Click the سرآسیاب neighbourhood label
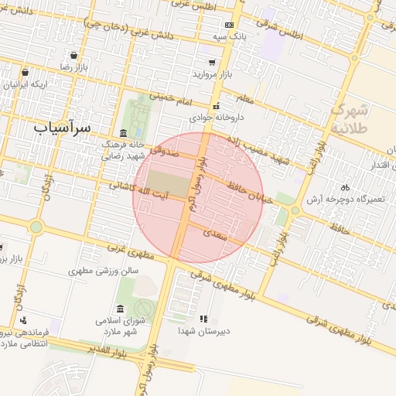click(62, 125)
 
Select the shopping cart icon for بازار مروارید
click(211, 62)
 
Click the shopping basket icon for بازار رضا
click(73, 56)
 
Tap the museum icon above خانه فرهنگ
click(124, 133)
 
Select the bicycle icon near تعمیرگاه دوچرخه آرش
click(345, 187)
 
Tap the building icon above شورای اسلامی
click(120, 309)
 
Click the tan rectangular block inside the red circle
click(167, 183)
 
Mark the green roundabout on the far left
click(36, 227)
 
